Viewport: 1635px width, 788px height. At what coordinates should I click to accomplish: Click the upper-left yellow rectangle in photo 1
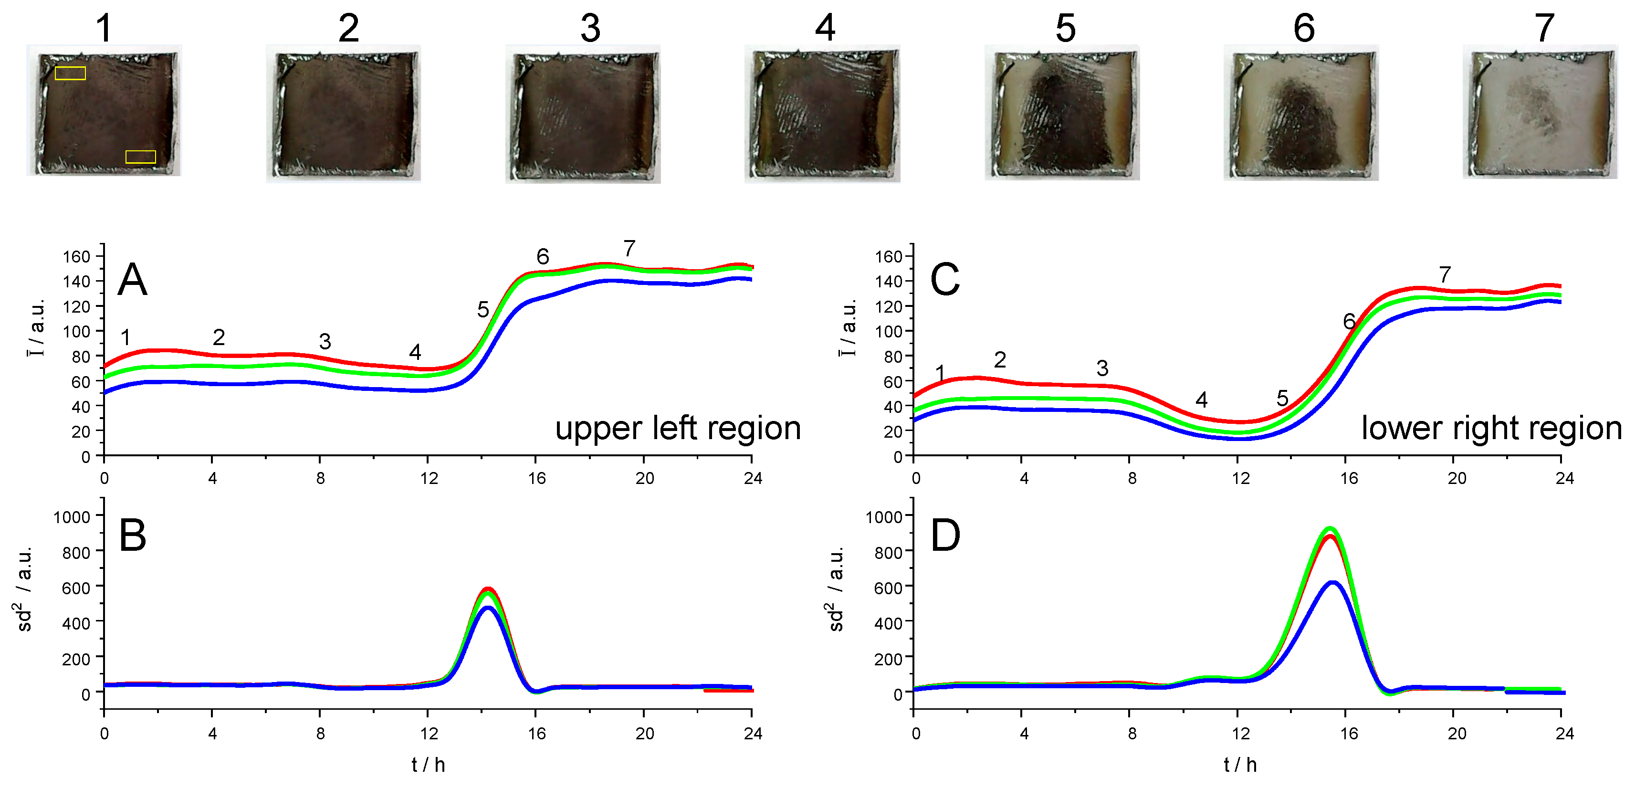tap(70, 73)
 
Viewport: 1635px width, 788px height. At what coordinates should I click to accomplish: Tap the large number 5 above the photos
tap(1065, 28)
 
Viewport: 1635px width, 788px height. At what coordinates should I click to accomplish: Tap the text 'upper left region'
tap(677, 428)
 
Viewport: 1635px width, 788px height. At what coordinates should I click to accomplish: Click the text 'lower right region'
tap(1491, 428)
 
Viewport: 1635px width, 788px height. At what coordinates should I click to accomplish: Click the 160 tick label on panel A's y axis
tap(76, 256)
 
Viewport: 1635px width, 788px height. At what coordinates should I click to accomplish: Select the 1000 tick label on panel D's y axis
tap(884, 517)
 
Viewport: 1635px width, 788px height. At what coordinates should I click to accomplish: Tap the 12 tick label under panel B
tap(429, 734)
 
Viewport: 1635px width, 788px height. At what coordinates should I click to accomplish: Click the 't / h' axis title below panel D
tap(1239, 765)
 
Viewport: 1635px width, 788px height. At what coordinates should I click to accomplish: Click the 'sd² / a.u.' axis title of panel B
tap(24, 589)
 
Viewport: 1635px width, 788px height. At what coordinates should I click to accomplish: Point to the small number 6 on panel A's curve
tap(542, 256)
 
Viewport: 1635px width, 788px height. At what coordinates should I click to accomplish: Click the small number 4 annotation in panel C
tap(1201, 399)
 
